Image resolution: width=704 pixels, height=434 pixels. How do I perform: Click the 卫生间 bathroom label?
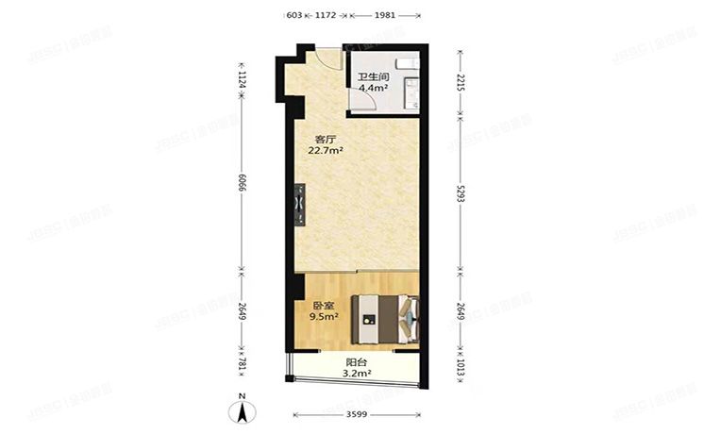click(x=372, y=77)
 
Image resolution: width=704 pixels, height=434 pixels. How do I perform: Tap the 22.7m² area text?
click(x=327, y=149)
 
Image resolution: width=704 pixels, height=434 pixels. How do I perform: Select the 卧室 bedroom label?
click(x=323, y=305)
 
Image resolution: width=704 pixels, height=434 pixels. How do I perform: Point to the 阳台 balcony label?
click(x=356, y=362)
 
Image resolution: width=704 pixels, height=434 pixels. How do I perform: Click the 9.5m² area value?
click(x=325, y=317)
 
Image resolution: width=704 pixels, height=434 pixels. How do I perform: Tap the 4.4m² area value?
click(x=373, y=89)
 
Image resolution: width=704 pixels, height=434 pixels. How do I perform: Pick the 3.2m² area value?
click(x=357, y=374)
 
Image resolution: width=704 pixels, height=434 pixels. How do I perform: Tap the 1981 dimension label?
click(x=385, y=15)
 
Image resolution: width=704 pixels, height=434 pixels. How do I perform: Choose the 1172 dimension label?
click(x=326, y=15)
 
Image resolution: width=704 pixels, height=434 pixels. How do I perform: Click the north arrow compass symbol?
click(x=243, y=410)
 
